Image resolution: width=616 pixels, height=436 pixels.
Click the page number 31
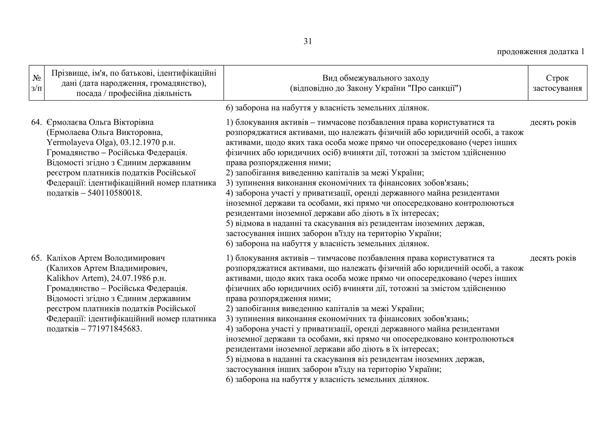(308, 42)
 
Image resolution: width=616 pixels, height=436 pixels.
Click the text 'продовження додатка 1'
(541, 52)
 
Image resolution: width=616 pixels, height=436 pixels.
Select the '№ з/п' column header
(36, 83)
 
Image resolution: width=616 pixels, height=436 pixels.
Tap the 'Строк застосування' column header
(557, 83)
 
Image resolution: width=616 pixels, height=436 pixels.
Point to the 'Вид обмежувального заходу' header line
(375, 78)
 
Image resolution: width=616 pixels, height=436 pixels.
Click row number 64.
(36, 123)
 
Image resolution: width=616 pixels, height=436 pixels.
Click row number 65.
(36, 258)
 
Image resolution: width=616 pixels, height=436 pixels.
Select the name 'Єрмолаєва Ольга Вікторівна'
(100, 123)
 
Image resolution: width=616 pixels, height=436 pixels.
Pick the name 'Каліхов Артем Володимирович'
(106, 258)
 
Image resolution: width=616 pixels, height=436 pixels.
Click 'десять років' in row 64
(553, 123)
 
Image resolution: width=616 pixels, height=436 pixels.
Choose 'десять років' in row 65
(553, 258)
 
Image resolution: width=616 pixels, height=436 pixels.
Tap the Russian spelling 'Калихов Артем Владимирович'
(107, 268)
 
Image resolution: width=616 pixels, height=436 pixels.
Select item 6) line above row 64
(327, 108)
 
